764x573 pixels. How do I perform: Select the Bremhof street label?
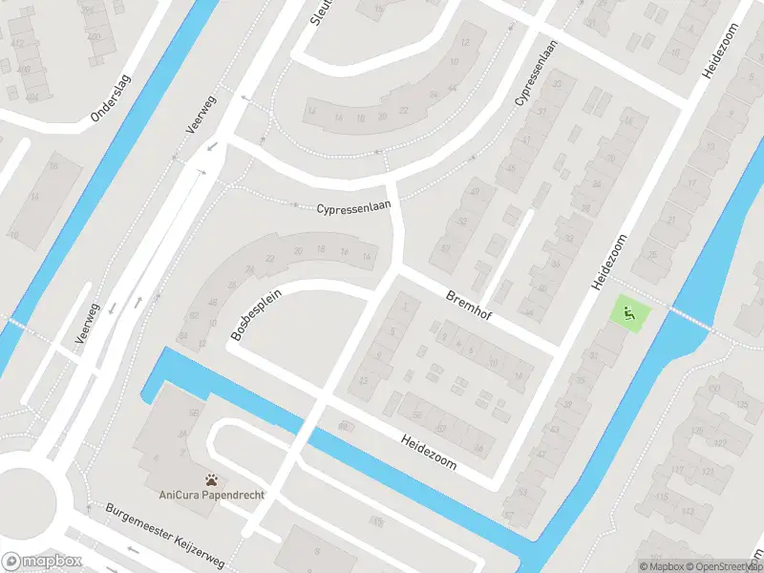(468, 306)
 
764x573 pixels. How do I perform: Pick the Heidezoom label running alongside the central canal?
(429, 452)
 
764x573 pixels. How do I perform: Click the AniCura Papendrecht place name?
(210, 496)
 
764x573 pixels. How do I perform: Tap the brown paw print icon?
(210, 479)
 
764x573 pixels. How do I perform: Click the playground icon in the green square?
(628, 311)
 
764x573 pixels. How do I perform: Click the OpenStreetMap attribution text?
(732, 566)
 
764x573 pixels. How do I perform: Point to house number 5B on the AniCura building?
(193, 413)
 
